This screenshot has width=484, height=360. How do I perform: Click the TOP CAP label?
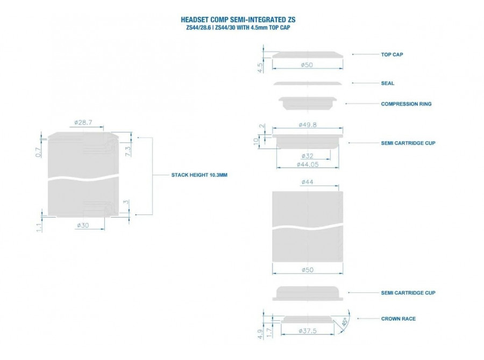(392, 55)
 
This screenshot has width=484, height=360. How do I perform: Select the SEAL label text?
(387, 83)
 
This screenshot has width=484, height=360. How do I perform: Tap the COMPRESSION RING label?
(406, 104)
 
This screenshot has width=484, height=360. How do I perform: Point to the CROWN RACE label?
(398, 319)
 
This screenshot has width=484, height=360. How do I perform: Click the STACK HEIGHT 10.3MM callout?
(200, 175)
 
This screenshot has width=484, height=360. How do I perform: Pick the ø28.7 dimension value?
(83, 123)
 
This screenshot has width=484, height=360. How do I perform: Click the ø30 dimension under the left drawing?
(83, 226)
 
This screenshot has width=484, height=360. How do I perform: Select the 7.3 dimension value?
(127, 151)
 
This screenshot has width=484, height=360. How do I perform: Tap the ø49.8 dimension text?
(308, 125)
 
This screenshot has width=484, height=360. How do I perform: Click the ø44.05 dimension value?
(308, 165)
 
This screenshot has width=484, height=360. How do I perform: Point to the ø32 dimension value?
(308, 156)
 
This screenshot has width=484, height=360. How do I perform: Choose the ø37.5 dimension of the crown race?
(308, 331)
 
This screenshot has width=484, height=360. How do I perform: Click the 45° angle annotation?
(345, 322)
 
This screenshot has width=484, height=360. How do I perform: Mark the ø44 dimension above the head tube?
(308, 182)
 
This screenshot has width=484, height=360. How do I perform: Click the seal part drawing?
(308, 83)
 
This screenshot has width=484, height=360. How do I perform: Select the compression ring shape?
(308, 103)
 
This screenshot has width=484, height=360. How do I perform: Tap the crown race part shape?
(308, 320)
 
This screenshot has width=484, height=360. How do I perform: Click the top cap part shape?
(308, 55)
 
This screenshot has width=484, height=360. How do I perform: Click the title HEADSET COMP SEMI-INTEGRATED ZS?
(238, 20)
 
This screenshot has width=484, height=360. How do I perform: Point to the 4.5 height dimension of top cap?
(260, 68)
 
